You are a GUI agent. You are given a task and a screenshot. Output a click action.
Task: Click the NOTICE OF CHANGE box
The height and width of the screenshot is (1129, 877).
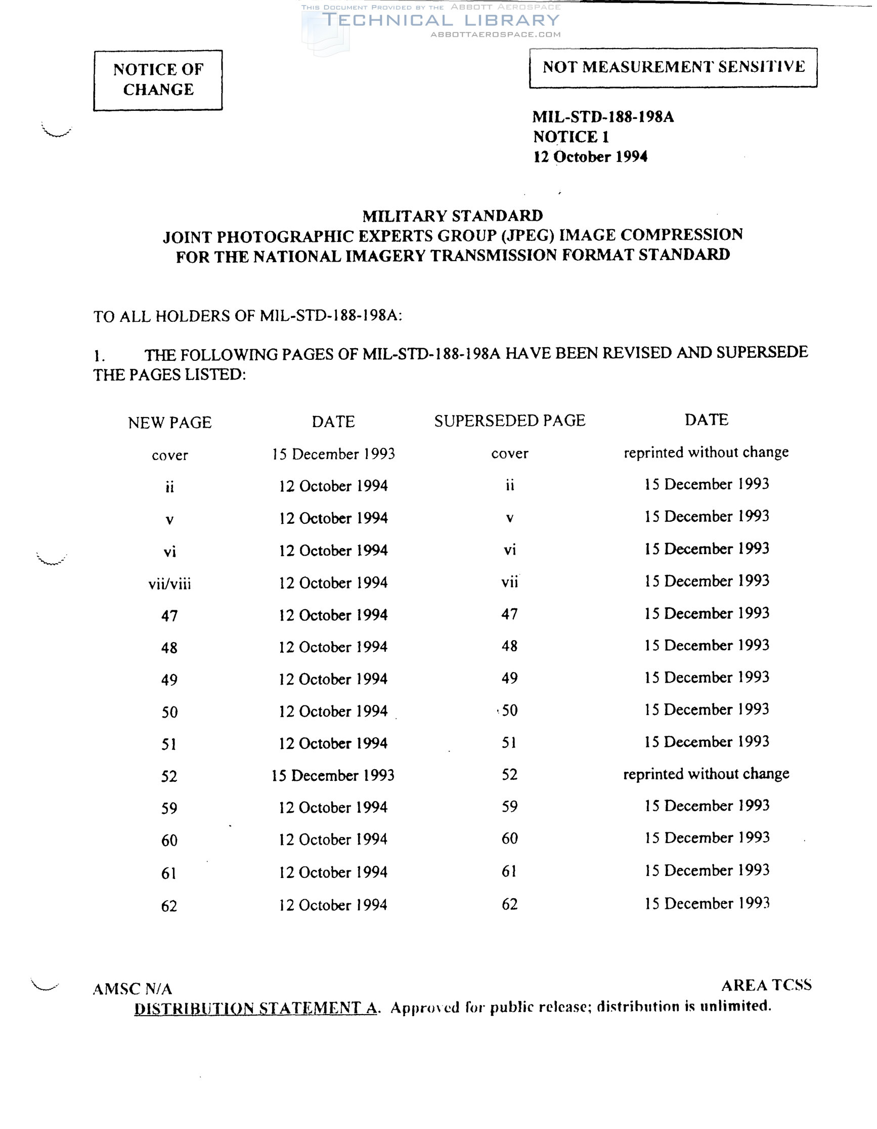[158, 79]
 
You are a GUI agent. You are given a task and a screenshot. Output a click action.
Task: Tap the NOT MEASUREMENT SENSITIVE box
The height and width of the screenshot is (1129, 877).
[673, 67]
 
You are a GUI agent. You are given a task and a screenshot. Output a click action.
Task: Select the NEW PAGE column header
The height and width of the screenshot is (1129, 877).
[169, 423]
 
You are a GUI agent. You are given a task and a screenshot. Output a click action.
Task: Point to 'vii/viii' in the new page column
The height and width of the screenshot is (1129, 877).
[169, 584]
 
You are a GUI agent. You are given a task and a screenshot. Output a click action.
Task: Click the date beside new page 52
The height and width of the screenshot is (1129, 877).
[333, 775]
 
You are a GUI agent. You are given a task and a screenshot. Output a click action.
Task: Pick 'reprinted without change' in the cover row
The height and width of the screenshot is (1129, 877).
[706, 452]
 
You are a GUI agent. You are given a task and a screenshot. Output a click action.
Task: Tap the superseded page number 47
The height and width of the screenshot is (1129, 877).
[509, 614]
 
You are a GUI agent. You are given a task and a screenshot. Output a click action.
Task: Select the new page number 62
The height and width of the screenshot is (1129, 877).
[169, 906]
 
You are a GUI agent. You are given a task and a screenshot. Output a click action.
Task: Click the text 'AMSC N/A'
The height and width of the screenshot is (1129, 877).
[133, 989]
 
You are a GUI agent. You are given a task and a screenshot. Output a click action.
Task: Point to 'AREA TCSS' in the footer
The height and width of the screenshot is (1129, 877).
[766, 985]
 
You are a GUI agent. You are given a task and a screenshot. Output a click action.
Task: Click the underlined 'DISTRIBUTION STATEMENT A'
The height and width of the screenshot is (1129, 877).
[255, 1008]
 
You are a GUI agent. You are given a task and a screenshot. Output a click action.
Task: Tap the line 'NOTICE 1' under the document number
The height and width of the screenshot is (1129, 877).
[571, 137]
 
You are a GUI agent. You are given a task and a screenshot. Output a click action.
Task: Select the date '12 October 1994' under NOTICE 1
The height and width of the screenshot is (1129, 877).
[590, 157]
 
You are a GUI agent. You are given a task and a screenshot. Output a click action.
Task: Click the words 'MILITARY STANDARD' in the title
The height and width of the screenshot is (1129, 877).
[452, 216]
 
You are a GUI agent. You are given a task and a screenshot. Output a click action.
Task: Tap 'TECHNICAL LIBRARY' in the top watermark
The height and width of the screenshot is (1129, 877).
[441, 21]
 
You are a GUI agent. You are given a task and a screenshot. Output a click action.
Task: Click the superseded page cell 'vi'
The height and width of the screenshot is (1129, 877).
[509, 550]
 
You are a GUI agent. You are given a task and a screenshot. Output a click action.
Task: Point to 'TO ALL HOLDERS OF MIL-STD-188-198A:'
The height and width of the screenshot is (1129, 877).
[247, 316]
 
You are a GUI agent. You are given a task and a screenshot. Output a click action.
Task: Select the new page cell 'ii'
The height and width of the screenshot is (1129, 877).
[169, 487]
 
